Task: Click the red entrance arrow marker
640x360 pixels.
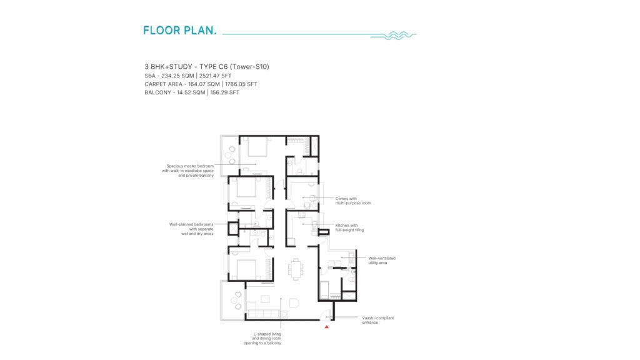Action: coord(326,327)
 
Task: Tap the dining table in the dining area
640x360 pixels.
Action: coord(296,269)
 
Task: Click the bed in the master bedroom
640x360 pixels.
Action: coord(257,146)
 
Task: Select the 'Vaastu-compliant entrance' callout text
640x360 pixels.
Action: coord(378,320)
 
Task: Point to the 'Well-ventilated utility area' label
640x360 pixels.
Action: coord(382,261)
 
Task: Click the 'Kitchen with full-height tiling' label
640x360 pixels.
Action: coord(349,227)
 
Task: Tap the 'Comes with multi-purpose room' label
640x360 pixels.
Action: coord(353,201)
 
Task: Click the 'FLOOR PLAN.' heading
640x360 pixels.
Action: coord(179,30)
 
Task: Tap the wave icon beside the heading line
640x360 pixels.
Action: coord(394,36)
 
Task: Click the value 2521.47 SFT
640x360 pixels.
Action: coord(216,76)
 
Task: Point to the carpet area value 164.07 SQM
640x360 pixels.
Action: coord(204,84)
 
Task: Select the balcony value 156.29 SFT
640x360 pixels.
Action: coord(225,92)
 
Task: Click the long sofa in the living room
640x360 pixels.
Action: coord(264,314)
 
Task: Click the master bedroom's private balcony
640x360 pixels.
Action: coord(230,156)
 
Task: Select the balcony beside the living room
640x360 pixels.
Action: coord(233,301)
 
